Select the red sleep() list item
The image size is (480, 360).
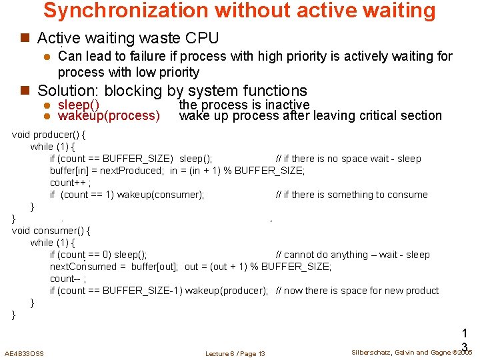tap(79, 105)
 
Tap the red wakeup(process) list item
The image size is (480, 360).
tap(109, 116)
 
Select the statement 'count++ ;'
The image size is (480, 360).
tap(70, 183)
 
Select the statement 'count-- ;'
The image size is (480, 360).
tap(68, 279)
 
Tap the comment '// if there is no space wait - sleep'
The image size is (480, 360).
tap(348, 159)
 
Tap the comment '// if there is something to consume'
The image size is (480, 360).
tap(351, 195)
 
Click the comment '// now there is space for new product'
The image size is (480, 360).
tap(357, 291)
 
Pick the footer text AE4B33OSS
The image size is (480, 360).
tap(24, 353)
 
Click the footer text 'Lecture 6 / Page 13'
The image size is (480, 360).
tap(235, 353)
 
